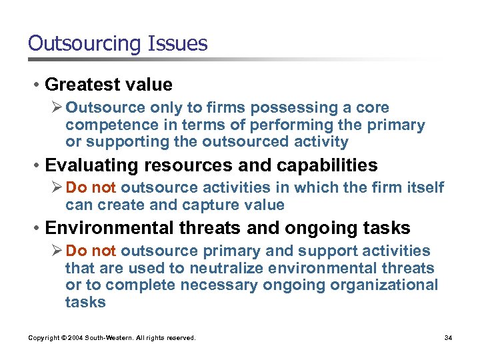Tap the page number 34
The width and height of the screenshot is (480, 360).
point(448,338)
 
